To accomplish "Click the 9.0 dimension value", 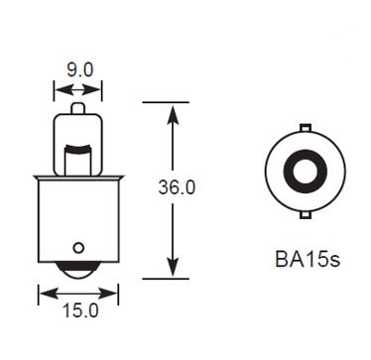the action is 80,70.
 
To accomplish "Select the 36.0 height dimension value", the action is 177,187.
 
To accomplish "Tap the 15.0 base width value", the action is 80,310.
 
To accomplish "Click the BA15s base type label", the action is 308,260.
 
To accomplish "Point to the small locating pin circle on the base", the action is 78,248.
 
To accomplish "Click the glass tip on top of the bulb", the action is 78,108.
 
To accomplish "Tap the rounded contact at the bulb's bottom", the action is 78,270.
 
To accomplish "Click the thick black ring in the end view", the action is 306,157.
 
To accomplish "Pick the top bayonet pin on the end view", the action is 306,128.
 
